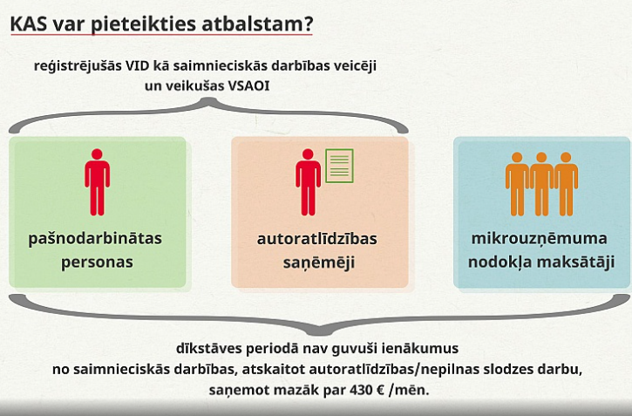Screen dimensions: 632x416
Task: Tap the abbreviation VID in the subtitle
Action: (137, 65)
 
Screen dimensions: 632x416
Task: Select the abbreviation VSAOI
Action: (248, 85)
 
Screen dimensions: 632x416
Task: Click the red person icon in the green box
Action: (97, 182)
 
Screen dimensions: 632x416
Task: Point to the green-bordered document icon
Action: (339, 166)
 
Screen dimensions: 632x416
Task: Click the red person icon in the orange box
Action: (308, 182)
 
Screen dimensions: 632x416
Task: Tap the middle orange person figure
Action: (541, 184)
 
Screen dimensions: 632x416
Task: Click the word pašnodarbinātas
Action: (95, 238)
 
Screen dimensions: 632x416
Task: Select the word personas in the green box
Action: (97, 262)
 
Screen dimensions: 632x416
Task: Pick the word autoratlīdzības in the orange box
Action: (316, 239)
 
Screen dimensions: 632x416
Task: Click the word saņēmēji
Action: (318, 263)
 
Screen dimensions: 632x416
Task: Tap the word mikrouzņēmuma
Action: (540, 238)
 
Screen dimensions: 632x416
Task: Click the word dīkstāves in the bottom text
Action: (209, 348)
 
